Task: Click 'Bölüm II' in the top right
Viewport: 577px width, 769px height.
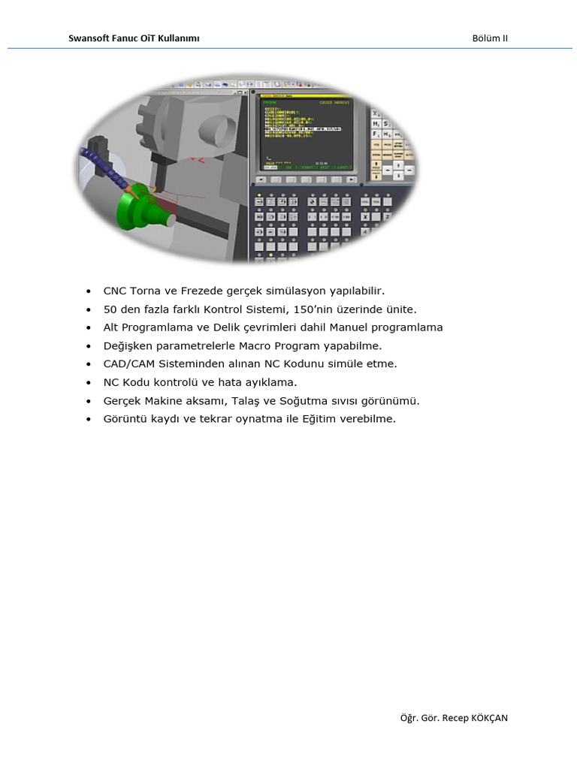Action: [x=490, y=38]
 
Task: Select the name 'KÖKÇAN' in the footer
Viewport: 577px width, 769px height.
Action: [x=489, y=718]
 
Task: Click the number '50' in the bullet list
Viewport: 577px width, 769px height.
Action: [x=110, y=309]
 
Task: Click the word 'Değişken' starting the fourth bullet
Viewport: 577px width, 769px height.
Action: [x=127, y=346]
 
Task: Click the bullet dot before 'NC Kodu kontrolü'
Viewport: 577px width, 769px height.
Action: [x=89, y=383]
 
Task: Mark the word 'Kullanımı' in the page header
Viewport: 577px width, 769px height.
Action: [x=178, y=38]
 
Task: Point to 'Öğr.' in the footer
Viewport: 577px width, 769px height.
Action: [x=409, y=718]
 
